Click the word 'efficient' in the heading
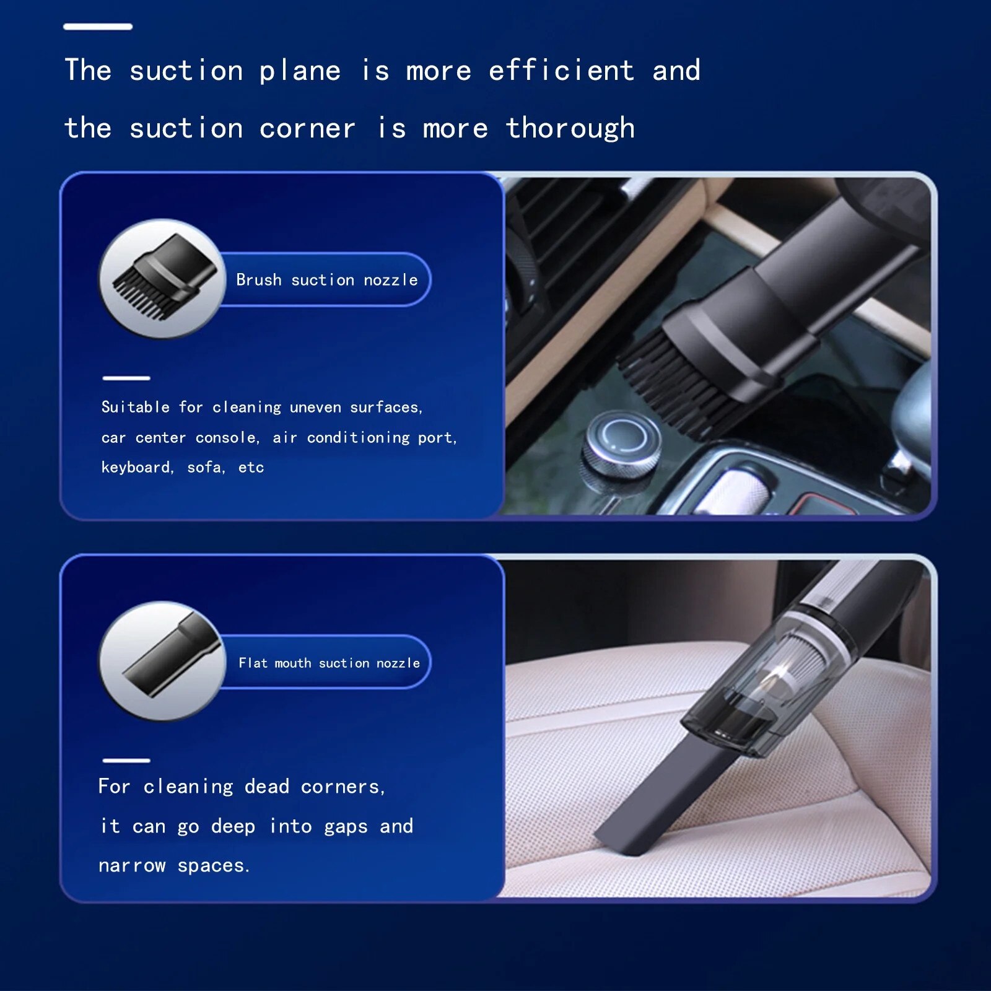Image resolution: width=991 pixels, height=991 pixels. point(561,70)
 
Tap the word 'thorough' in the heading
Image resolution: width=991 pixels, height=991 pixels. point(570,129)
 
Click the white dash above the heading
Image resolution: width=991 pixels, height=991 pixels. point(98,27)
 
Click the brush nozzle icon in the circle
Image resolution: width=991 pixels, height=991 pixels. point(164,276)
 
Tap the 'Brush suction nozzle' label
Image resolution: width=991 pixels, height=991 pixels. point(327,280)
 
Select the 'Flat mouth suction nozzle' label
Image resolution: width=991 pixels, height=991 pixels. point(330,663)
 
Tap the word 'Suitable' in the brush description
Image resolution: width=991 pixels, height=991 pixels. point(136,407)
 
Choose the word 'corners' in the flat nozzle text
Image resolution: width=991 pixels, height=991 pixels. point(343,787)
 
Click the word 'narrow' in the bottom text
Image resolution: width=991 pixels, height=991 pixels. point(132,865)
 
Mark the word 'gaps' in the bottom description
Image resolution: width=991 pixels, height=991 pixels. point(346,827)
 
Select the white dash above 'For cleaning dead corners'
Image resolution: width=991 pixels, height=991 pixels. point(126,760)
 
